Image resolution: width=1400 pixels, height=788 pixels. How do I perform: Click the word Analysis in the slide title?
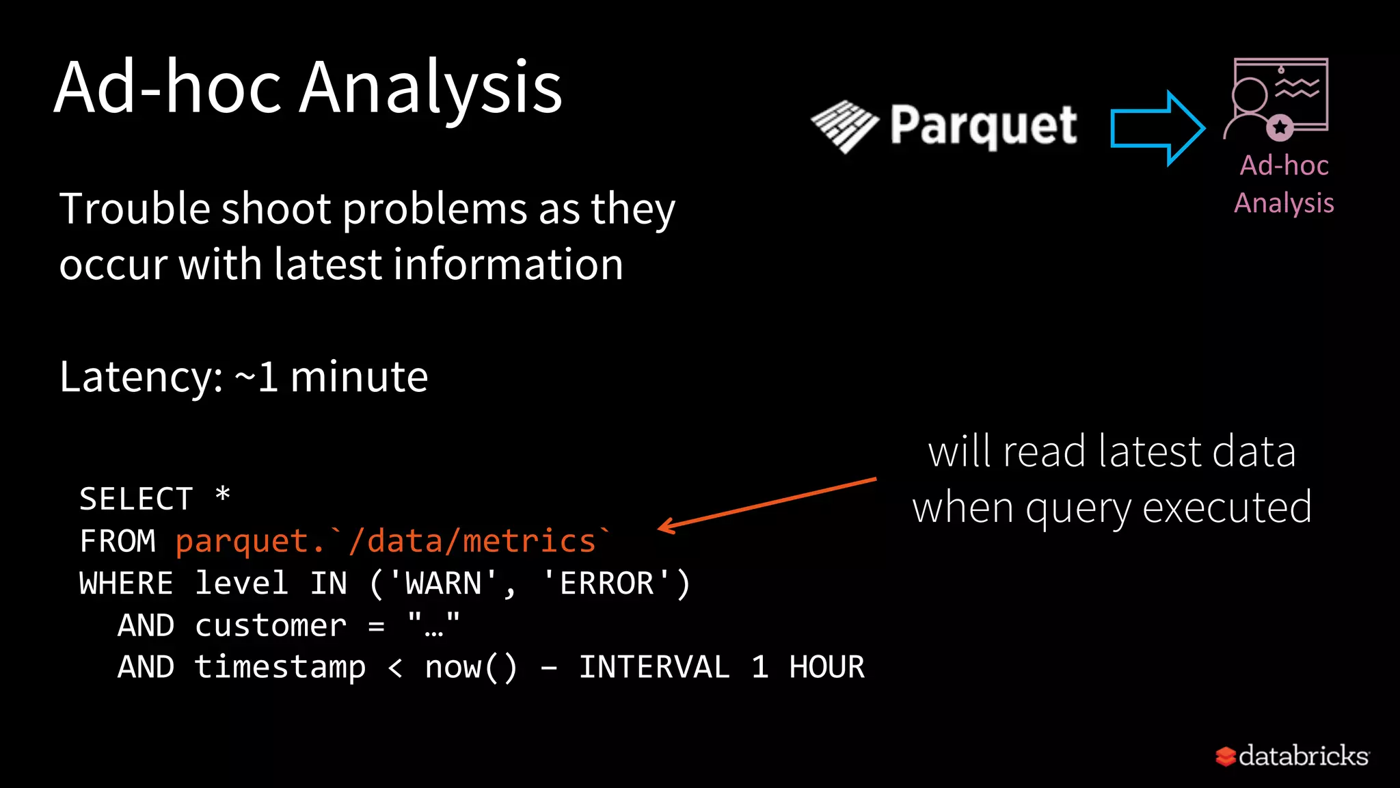(431, 89)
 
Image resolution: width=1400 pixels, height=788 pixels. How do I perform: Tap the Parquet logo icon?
(845, 127)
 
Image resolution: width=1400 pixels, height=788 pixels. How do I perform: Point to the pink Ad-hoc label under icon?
(1284, 166)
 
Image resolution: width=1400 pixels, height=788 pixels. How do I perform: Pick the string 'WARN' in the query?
(444, 583)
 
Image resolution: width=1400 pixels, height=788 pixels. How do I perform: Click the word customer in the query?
(271, 625)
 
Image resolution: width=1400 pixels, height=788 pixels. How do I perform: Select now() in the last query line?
(471, 667)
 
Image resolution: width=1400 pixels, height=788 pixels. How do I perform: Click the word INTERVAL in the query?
(654, 667)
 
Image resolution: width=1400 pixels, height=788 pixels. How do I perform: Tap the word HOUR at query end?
(826, 667)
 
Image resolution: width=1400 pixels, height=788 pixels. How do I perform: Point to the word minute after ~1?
(359, 377)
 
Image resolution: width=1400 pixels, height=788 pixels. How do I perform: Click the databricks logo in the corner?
(1292, 756)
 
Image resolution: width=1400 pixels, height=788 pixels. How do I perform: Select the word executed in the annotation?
(1226, 508)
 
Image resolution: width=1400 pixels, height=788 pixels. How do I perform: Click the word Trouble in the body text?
(134, 209)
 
